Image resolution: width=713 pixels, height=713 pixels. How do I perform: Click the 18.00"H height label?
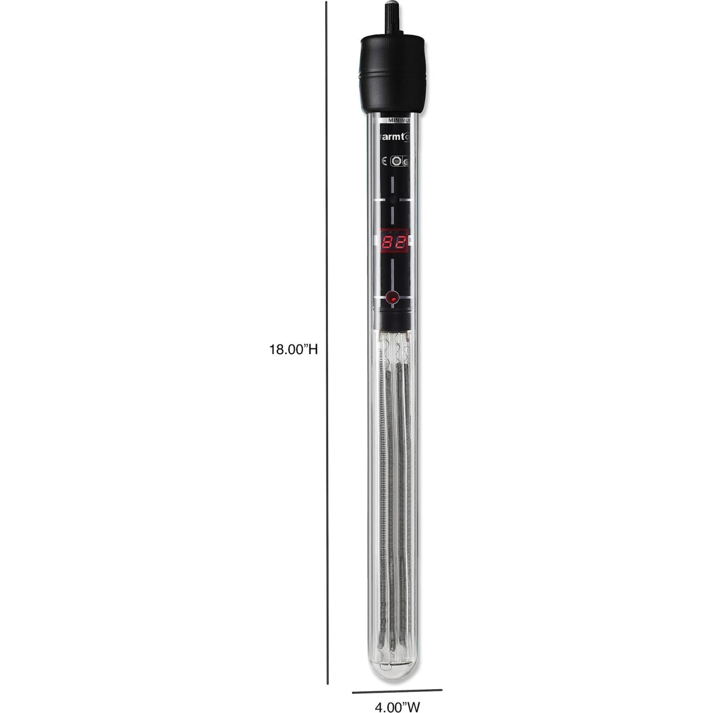click(x=293, y=350)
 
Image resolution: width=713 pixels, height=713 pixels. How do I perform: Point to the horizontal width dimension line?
click(x=397, y=677)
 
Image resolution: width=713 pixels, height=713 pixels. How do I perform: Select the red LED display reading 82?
click(x=394, y=244)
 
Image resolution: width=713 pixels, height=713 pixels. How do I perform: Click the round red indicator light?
click(x=393, y=298)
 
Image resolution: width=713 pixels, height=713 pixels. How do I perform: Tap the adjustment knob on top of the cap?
click(x=393, y=19)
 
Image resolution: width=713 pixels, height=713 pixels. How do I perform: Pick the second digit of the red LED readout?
click(x=401, y=244)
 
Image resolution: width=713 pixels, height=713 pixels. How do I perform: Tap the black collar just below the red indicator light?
click(x=393, y=318)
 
